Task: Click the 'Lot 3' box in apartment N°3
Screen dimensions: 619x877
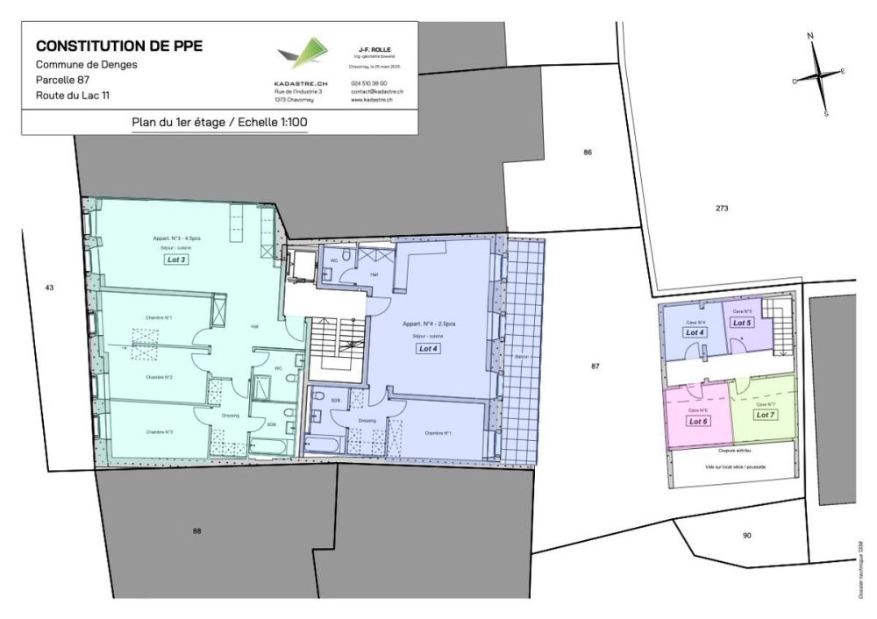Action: coord(177,260)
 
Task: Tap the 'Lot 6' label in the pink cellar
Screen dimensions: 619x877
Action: coord(698,421)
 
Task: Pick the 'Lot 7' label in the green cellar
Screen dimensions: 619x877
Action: coord(766,415)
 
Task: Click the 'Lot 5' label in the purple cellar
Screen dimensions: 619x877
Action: coord(742,322)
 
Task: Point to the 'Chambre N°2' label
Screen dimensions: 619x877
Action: coord(159,377)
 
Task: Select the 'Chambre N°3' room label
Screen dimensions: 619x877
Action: coord(159,431)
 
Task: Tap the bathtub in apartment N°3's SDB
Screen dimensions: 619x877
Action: coord(269,446)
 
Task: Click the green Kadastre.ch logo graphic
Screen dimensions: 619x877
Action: coord(300,54)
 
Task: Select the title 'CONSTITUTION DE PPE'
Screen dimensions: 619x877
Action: coord(119,46)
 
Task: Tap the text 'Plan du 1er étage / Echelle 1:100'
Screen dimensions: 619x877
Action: coord(219,123)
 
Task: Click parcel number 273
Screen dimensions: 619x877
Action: coord(722,209)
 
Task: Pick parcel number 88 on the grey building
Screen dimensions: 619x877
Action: coord(196,530)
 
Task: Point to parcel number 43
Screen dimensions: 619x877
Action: coord(49,288)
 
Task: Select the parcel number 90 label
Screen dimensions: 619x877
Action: coord(746,535)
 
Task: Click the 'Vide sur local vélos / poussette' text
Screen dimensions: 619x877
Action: coord(730,467)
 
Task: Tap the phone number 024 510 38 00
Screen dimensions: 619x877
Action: coord(368,83)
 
